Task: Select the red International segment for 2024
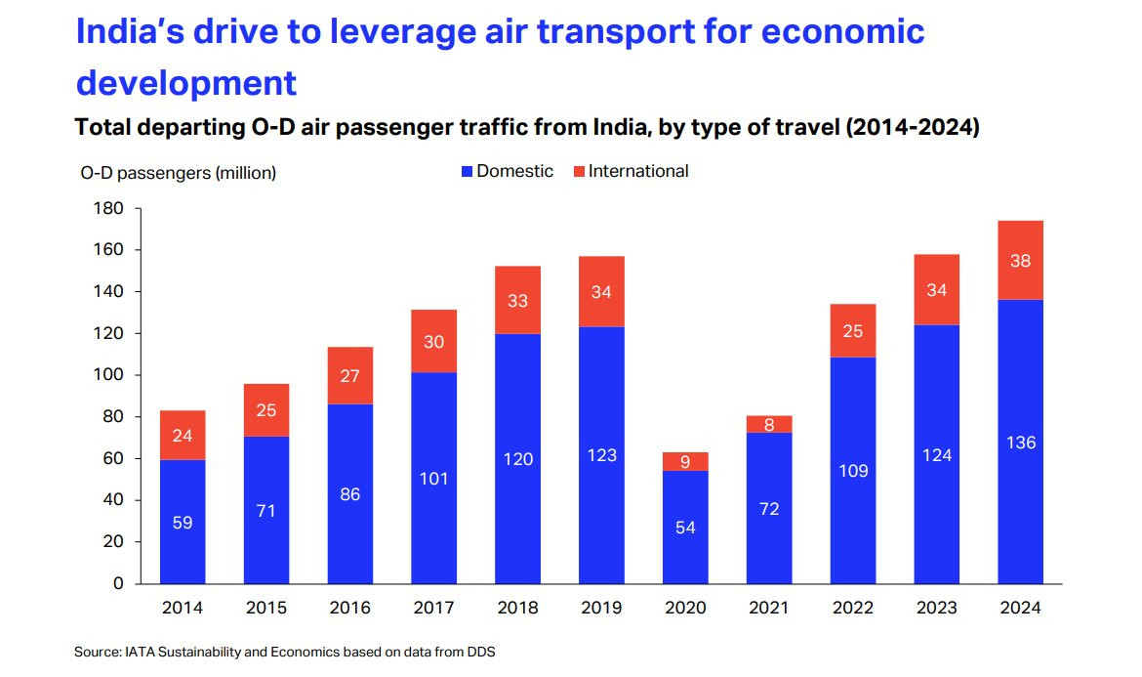point(1020,260)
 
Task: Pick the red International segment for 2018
point(517,300)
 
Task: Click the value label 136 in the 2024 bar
point(1020,443)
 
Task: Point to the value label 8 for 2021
point(769,424)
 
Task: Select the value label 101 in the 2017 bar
point(433,479)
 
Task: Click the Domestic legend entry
point(507,171)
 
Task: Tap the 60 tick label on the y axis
point(114,458)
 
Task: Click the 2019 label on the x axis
point(601,608)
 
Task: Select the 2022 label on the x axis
point(853,608)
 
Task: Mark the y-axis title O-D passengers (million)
point(179,173)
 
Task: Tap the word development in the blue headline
point(186,83)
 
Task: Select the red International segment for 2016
point(349,375)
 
